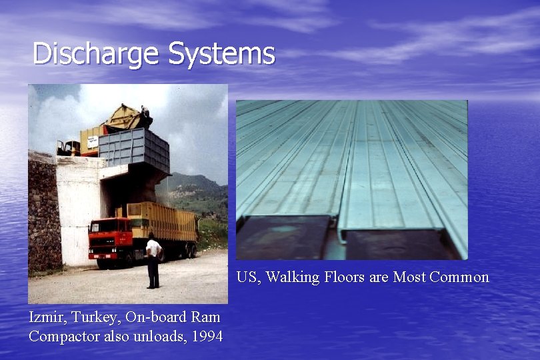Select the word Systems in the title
pyautogui.click(x=221, y=54)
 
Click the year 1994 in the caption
pyautogui.click(x=207, y=336)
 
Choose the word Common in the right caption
pyautogui.click(x=459, y=277)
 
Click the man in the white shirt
pyautogui.click(x=153, y=260)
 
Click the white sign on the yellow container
pyautogui.click(x=92, y=142)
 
